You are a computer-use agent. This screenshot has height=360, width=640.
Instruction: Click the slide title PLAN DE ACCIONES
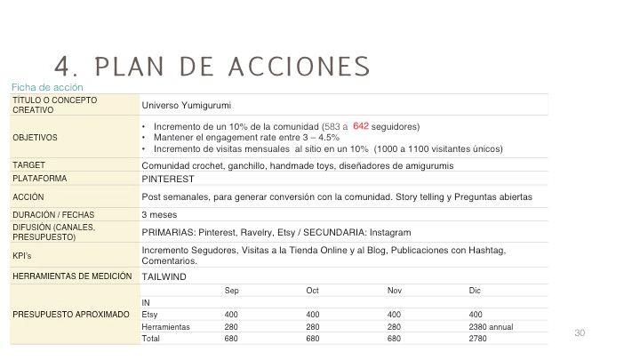(x=212, y=67)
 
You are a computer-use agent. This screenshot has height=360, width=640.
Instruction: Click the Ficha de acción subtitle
(x=47, y=87)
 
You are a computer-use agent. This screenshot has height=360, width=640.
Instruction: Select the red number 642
(x=361, y=126)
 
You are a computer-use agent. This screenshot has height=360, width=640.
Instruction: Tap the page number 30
(x=580, y=332)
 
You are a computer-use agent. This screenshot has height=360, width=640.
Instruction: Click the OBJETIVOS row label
(x=35, y=138)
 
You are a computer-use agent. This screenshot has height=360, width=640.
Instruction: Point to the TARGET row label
(x=29, y=165)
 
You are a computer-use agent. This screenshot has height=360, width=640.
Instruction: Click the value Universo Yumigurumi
(x=183, y=105)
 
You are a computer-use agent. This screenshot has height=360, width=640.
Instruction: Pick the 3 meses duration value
(x=157, y=215)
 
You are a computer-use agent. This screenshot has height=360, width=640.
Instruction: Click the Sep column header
(x=231, y=291)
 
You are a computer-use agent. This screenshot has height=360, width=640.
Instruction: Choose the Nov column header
(x=394, y=291)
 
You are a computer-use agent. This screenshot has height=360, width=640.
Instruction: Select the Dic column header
(x=475, y=291)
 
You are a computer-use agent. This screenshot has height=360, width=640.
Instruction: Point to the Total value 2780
(x=478, y=339)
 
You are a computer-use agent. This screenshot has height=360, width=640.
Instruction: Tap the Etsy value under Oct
(x=312, y=315)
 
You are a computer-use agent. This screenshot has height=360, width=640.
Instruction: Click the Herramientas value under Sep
(x=231, y=327)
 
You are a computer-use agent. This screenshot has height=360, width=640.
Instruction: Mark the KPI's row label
(x=23, y=254)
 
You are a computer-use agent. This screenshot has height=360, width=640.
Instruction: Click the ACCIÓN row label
(x=28, y=196)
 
